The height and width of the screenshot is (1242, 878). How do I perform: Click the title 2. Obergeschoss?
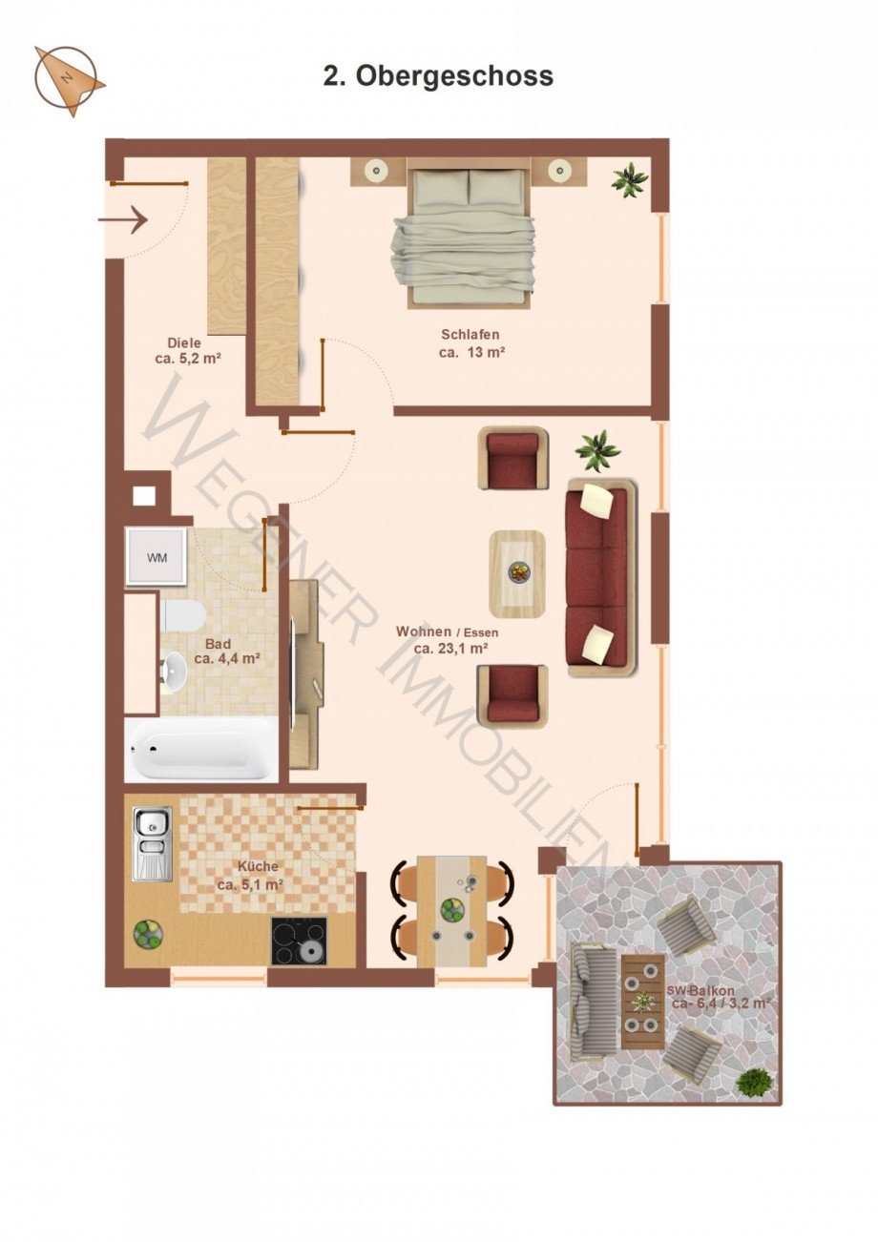(438, 76)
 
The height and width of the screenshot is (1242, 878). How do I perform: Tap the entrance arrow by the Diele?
(122, 220)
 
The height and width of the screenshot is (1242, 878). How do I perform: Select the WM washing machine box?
(157, 557)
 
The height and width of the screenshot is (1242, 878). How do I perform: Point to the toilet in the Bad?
(182, 614)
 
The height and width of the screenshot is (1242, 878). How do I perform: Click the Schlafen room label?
(470, 334)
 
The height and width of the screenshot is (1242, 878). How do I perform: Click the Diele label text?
(184, 343)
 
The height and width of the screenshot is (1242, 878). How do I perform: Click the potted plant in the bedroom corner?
(630, 178)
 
